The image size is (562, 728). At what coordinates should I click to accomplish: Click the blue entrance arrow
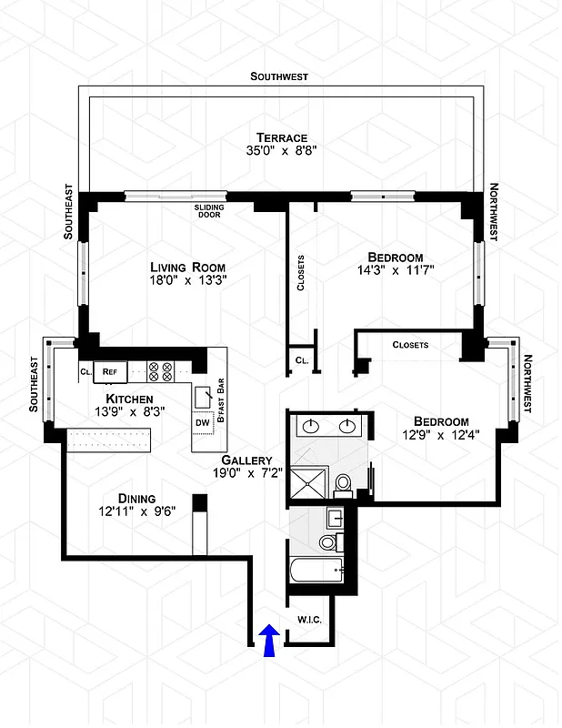coord(269,640)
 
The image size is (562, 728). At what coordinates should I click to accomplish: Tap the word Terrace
coord(281,136)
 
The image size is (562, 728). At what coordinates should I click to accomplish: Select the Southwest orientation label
coord(279,76)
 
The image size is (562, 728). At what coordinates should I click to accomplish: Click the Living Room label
coord(188,267)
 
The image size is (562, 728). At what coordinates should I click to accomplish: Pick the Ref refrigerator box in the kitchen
coord(109,371)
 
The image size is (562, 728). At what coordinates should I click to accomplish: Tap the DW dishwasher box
coord(201,422)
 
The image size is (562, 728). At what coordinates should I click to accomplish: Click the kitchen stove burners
coord(160,370)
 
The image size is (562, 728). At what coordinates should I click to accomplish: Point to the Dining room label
coord(136,498)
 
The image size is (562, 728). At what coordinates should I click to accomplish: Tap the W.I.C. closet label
coord(308,621)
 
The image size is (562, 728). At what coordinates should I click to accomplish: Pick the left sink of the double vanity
coord(312,425)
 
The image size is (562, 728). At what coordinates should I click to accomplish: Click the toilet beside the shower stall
coord(344,482)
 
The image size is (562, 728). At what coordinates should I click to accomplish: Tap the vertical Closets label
coord(301,273)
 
